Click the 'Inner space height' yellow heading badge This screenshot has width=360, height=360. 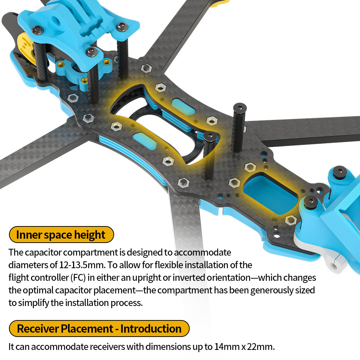coord(61,235)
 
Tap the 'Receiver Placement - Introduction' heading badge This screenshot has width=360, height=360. coord(99,329)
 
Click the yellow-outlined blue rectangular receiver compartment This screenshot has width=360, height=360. coord(270,193)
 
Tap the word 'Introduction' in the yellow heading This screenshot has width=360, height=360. coord(151,329)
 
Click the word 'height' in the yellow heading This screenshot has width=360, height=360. coord(90,235)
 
